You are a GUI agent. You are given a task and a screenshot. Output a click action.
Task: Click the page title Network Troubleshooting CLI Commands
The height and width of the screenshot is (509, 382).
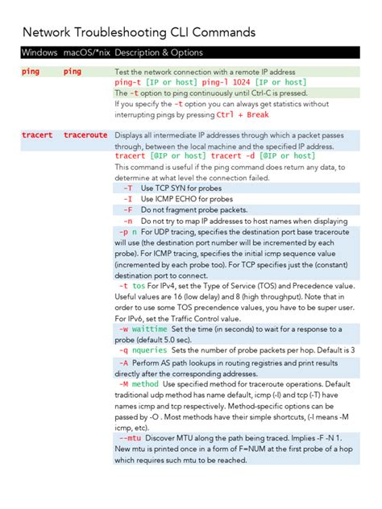click(x=139, y=32)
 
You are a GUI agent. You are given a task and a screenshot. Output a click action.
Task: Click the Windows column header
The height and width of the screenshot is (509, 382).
click(x=39, y=52)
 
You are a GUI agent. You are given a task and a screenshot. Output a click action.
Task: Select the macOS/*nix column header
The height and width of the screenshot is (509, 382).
click(x=85, y=52)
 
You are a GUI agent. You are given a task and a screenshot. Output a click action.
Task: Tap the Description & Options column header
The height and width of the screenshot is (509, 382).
click(x=159, y=52)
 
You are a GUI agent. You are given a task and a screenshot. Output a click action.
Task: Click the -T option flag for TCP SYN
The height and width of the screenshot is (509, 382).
click(x=127, y=188)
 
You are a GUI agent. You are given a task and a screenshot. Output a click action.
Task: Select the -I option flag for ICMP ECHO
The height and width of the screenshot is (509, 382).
click(x=127, y=198)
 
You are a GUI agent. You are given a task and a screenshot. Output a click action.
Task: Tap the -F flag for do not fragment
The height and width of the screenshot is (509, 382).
click(x=127, y=209)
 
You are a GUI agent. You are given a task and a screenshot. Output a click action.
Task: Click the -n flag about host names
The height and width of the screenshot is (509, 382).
click(x=127, y=219)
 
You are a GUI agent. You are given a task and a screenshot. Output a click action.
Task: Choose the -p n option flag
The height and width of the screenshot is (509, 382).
click(x=127, y=230)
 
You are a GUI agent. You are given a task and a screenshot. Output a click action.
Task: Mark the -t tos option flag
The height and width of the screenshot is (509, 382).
click(x=132, y=285)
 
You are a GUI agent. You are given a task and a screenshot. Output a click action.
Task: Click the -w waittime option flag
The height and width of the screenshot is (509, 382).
click(x=143, y=329)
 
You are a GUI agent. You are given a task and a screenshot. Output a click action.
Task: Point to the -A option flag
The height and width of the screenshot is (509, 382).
click(x=123, y=363)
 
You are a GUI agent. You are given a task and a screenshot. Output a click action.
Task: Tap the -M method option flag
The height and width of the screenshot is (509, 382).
click(x=138, y=384)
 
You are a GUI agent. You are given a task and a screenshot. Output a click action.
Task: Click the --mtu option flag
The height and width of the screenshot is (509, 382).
click(x=129, y=437)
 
